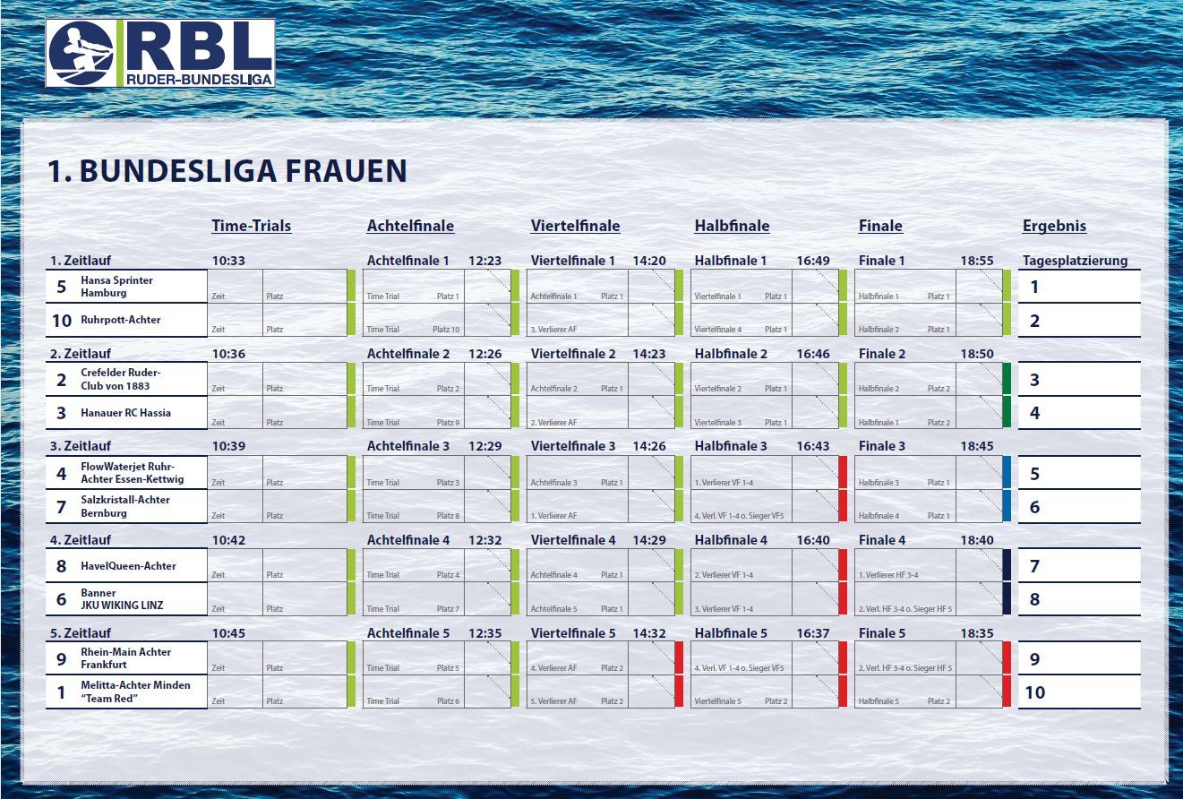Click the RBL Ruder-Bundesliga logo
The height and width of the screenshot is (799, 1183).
(x=160, y=53)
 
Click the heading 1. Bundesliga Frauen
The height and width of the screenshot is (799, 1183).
(x=227, y=171)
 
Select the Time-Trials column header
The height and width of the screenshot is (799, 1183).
(x=251, y=226)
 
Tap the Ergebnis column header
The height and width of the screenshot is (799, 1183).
(x=1054, y=226)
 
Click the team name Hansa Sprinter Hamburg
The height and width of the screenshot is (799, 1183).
(x=116, y=287)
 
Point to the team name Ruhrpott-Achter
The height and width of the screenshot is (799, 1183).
(x=120, y=320)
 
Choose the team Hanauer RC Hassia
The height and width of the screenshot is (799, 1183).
(x=125, y=413)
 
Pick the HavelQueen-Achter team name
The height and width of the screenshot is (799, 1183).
(x=128, y=566)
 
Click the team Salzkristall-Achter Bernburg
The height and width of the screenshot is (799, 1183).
(x=124, y=506)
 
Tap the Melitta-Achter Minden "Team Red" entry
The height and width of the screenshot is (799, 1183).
(x=135, y=692)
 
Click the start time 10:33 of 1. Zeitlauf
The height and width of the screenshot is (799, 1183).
(x=228, y=262)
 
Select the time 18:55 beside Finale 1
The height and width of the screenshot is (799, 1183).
(x=977, y=262)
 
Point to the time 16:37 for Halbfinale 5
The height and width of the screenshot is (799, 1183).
(x=813, y=633)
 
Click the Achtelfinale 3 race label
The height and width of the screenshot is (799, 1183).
(x=408, y=446)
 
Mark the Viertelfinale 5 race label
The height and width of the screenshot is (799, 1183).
(x=573, y=633)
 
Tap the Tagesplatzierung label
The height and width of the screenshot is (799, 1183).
(x=1075, y=262)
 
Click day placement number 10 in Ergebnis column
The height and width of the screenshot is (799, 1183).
(x=1034, y=692)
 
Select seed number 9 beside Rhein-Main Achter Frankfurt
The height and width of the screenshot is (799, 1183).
(x=61, y=658)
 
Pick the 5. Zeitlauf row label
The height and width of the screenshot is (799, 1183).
(x=80, y=633)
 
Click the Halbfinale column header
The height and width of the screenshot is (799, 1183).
(x=732, y=226)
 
